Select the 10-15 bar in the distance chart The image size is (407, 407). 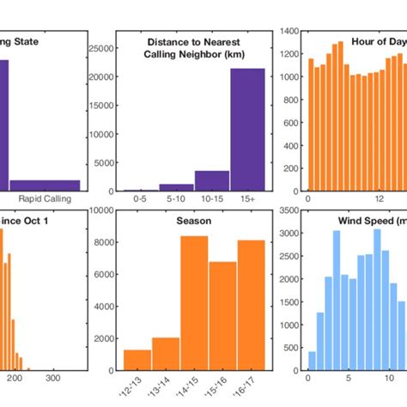(212, 181)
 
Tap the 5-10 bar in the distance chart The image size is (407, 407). (177, 187)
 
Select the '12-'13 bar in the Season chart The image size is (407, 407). (137, 361)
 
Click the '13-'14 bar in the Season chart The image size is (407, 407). (166, 354)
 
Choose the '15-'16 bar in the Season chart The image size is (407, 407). (222, 316)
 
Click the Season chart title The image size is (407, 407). (194, 220)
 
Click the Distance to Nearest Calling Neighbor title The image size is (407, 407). (194, 48)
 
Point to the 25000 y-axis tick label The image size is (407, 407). (100, 49)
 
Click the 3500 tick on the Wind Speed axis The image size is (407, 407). (288, 210)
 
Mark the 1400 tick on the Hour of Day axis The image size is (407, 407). (288, 31)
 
